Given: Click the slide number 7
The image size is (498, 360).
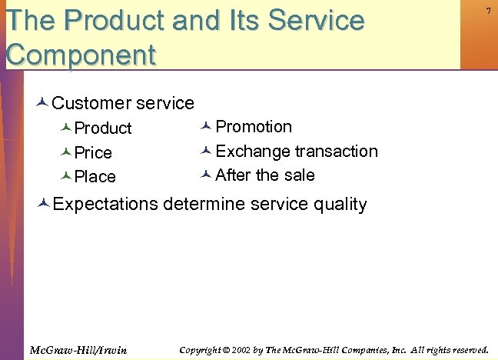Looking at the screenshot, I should click(488, 10).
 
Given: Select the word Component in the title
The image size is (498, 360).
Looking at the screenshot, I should click(80, 55).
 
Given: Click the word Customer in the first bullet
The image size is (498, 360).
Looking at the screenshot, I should click(91, 102).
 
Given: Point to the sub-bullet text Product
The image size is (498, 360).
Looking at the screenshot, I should click(103, 128).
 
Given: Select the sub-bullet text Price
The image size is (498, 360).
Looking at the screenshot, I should click(93, 152).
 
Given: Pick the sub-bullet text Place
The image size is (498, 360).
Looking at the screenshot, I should click(95, 176).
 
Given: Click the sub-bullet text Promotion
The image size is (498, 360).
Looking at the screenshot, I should click(254, 126).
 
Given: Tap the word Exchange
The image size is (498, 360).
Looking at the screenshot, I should click(253, 151).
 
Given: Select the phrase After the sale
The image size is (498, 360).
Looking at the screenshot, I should click(265, 175).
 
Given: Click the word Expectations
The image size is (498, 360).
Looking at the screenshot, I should click(105, 204).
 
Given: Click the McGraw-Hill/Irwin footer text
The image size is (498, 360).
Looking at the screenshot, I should click(78, 350).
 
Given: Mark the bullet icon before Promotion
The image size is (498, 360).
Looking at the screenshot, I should click(205, 126).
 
